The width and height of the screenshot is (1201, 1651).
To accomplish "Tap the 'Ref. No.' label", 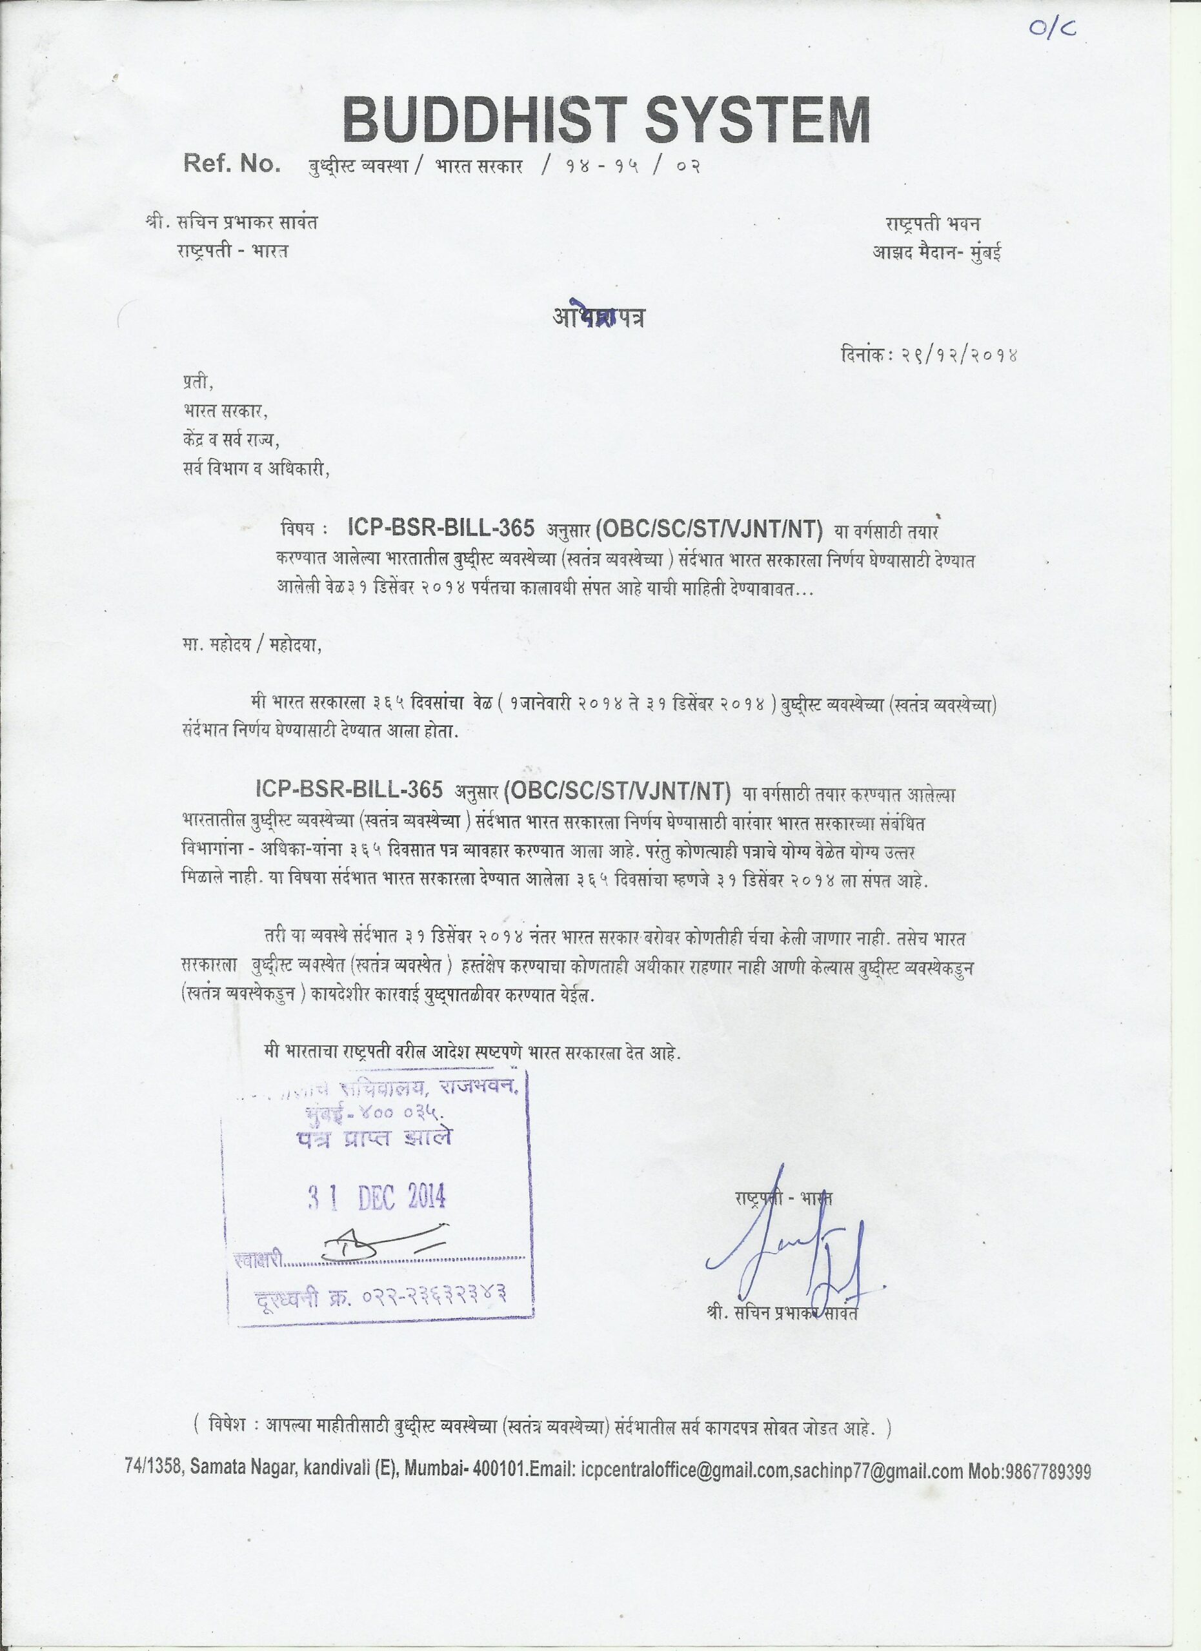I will [232, 164].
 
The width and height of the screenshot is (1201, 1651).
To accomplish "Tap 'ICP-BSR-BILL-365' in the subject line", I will [442, 526].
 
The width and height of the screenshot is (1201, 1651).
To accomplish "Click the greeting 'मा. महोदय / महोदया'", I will [251, 645].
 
